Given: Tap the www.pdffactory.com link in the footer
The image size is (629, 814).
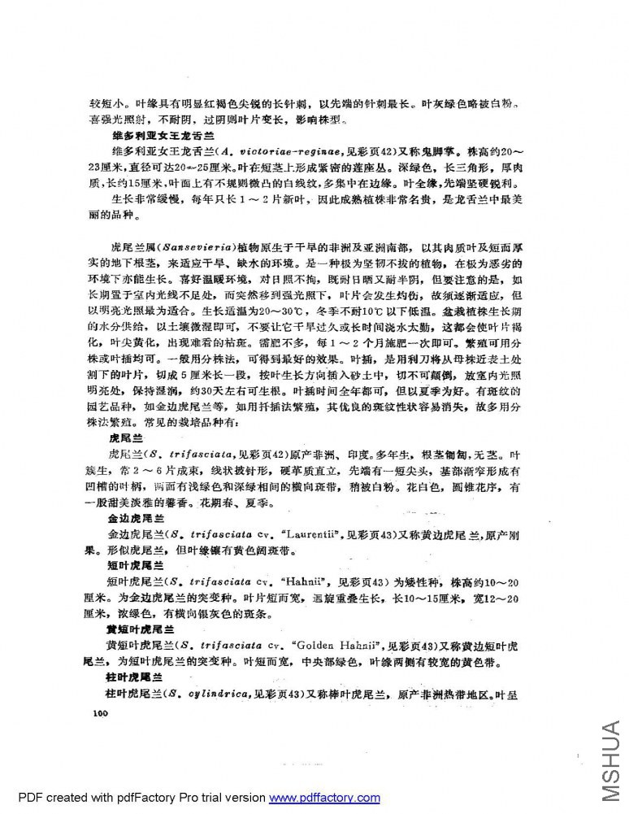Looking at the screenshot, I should click(x=324, y=798).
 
